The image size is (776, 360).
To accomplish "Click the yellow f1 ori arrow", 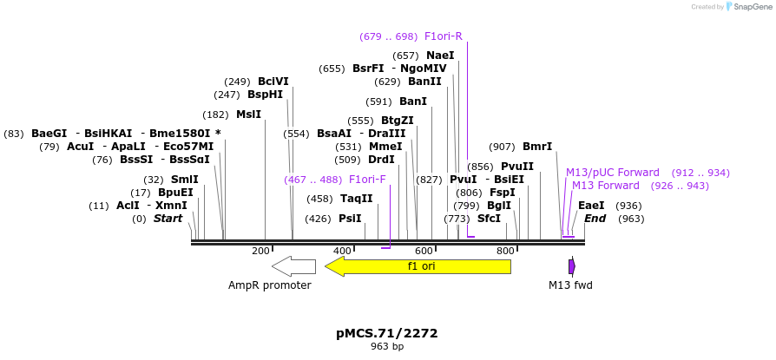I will coord(421,266).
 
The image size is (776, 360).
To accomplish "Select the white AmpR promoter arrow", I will coord(293,265).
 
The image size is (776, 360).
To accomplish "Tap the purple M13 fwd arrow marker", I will coord(571,266).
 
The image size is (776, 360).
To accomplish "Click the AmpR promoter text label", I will coord(270,285).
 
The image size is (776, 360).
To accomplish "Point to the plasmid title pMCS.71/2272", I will coord(387,333).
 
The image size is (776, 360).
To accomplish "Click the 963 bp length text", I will coord(387,347).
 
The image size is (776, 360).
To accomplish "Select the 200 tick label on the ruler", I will coord(260,251).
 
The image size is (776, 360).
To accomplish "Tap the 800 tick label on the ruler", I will coord(505,251).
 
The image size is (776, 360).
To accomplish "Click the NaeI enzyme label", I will coord(440,56).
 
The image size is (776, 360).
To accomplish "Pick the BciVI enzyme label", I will coord(273,82).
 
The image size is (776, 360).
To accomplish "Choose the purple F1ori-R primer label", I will coord(443,36).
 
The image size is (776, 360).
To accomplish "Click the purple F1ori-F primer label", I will coord(367,180).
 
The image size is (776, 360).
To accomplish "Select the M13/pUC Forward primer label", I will coord(613,173).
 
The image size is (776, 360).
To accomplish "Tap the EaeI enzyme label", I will coord(591,206).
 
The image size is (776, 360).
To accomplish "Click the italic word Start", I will coord(168,219).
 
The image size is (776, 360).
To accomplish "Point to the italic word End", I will coord(595,219).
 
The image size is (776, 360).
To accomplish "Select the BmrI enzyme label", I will coord(537,147).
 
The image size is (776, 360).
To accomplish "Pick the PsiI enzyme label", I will coord(350,219).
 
